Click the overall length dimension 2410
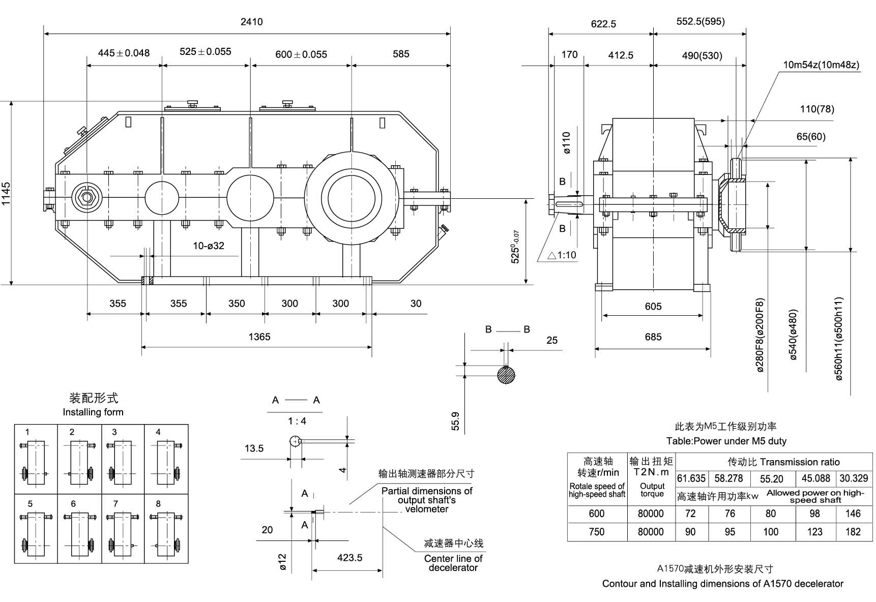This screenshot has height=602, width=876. (x=251, y=22)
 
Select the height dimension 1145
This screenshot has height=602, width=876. (x=6, y=194)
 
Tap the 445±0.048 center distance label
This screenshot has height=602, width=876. (x=124, y=53)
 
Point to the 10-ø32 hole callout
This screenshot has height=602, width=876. (x=208, y=246)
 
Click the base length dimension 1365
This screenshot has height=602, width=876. (x=259, y=337)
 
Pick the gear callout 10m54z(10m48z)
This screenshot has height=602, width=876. (x=821, y=65)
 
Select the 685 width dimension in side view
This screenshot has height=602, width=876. (x=653, y=337)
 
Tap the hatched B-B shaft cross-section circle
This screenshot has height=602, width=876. (x=506, y=375)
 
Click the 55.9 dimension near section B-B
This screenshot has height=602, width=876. (x=455, y=421)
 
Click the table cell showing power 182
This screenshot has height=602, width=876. (x=853, y=532)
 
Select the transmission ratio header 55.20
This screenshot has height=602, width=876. (x=771, y=479)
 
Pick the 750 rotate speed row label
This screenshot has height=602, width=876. (x=596, y=532)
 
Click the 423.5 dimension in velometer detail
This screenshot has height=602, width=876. (x=349, y=558)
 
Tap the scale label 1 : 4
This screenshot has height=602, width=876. (x=297, y=421)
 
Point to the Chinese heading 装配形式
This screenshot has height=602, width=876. (x=93, y=398)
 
